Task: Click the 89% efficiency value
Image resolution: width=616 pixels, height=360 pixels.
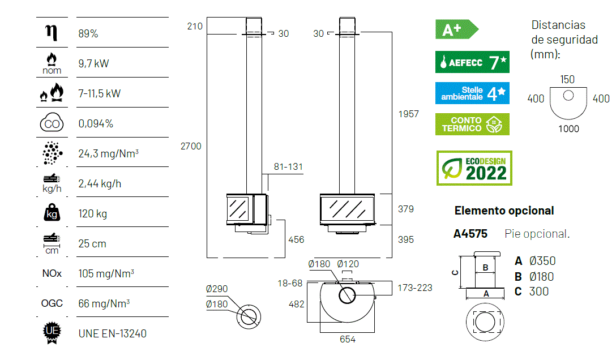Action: coord(88,34)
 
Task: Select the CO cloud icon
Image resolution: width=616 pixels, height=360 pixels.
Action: coord(52,123)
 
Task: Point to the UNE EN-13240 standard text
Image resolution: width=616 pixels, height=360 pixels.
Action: coord(112,334)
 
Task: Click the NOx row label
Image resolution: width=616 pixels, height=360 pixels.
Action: coord(52,273)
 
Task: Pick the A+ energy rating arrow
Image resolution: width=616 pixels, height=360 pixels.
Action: coord(457,29)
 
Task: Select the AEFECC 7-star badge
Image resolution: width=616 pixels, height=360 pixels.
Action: coord(472,62)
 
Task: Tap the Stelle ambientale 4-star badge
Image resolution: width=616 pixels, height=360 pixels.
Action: coord(472,93)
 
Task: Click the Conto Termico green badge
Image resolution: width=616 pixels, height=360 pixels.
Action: coord(472,124)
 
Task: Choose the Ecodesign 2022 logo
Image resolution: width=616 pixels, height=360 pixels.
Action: coord(474,168)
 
